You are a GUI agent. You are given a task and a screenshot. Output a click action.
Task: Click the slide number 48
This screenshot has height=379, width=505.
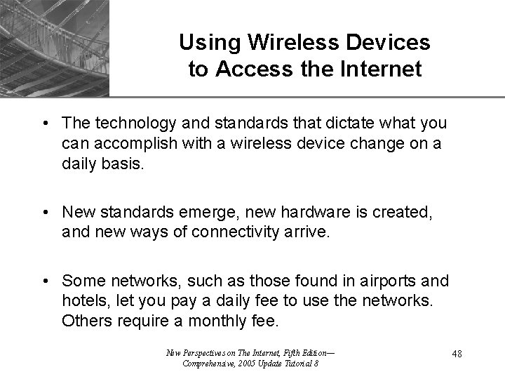click(457, 355)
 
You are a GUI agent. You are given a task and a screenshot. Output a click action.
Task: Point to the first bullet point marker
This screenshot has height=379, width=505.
click(45, 124)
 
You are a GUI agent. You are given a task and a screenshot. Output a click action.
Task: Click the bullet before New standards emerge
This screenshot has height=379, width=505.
click(45, 211)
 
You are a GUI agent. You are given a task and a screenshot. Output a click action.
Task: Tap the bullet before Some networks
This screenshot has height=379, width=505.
click(45, 282)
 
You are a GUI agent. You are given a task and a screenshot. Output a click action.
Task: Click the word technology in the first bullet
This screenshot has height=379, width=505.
click(124, 124)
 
